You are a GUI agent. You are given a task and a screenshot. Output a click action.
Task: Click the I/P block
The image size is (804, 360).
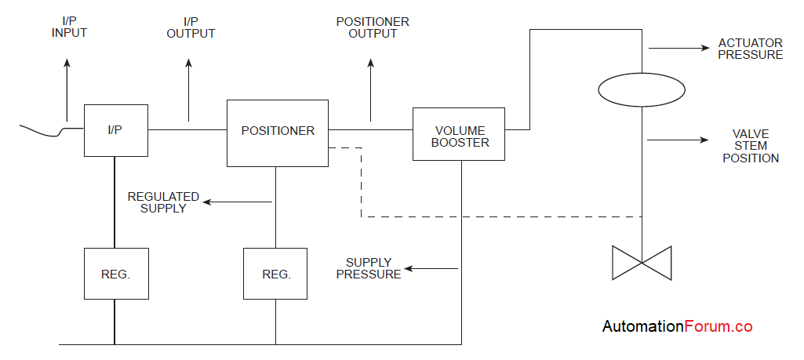coord(115,129)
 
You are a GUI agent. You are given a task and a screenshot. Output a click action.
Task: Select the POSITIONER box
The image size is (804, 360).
coord(278,133)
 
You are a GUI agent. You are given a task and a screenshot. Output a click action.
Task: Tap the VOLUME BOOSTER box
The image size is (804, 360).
coord(459,135)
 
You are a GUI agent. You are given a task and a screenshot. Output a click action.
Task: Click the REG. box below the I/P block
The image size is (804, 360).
coord(116,274)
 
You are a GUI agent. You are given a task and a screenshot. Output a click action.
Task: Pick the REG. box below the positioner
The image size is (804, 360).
coord(275,274)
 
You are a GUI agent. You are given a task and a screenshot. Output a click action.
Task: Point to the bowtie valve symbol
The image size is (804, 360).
coord(642,262)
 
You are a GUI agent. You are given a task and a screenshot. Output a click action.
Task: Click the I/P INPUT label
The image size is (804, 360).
coord(69,27)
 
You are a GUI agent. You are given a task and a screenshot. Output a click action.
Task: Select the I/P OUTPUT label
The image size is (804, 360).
coord(191,27)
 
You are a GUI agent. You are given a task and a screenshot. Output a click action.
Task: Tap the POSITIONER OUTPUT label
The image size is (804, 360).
coord(373,27)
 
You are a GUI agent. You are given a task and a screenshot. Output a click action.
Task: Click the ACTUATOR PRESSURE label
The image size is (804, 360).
coord(750,49)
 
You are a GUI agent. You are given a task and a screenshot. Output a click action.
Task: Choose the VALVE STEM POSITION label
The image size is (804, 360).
coord(751,146)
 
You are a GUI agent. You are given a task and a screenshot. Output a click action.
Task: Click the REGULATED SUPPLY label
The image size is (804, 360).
coord(163,202)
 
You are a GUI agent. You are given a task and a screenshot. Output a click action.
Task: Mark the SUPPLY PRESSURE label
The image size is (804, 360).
coord(373,267)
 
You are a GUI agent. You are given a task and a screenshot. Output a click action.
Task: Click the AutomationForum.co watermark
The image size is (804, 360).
coord(677,326)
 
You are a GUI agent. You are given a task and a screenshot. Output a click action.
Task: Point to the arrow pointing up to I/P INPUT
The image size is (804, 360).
coord(67,86)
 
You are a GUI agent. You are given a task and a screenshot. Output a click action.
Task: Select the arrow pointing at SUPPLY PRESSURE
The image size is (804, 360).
coord(431,268)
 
